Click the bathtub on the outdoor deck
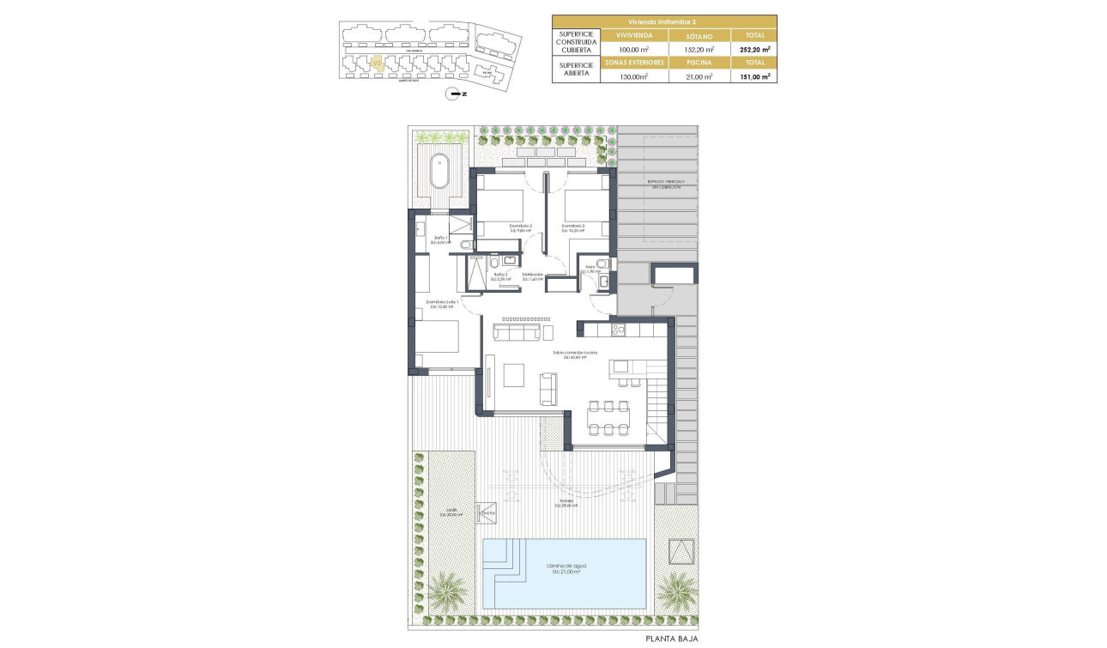(x=439, y=170)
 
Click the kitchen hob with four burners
(x=616, y=329)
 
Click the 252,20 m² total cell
(x=754, y=50)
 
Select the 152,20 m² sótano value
(x=699, y=50)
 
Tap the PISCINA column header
(x=699, y=63)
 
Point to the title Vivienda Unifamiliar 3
(x=664, y=21)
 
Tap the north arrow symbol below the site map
(x=456, y=94)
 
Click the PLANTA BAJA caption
(x=673, y=639)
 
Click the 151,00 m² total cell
(x=754, y=76)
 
